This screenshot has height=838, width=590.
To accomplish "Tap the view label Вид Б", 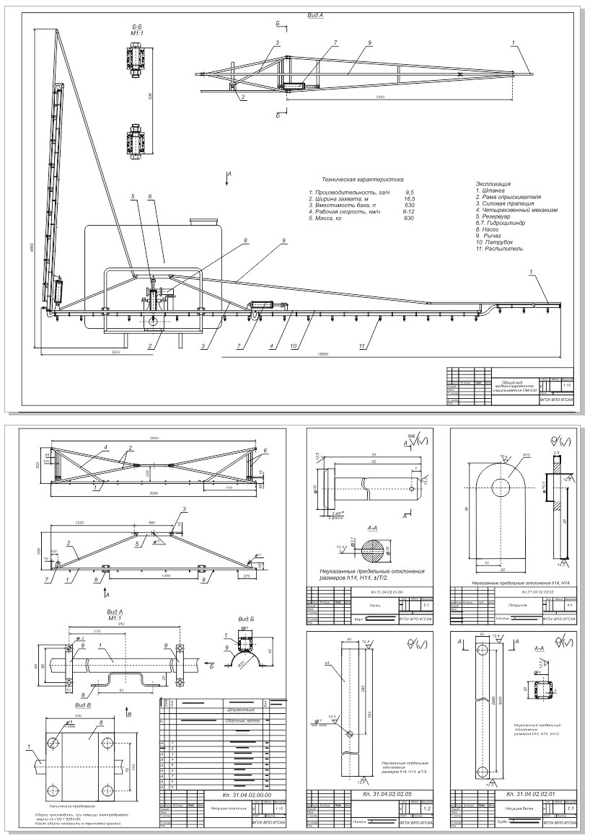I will point(247,619).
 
